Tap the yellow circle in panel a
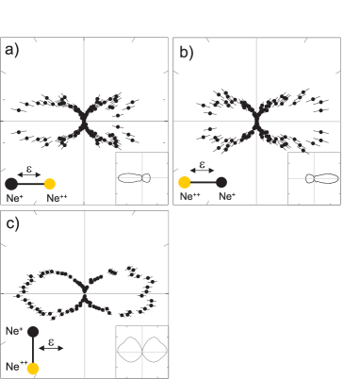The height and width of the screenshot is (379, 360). click(x=50, y=184)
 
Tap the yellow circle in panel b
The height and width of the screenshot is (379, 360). click(x=185, y=183)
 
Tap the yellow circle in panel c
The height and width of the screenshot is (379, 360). click(x=34, y=367)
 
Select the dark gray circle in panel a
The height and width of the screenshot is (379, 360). click(x=11, y=184)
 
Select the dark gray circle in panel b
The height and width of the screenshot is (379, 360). click(x=222, y=183)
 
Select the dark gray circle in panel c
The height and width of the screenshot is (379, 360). click(x=34, y=332)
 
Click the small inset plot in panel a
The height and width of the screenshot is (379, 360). click(x=141, y=178)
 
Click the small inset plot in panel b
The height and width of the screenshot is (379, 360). click(x=314, y=178)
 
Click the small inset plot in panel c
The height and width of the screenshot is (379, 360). click(x=141, y=352)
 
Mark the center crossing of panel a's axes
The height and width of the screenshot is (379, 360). click(x=84, y=121)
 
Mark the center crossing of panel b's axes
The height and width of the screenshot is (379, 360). click(x=256, y=121)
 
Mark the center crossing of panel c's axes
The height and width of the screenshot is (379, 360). click(x=84, y=293)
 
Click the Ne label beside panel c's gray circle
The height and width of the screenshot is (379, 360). click(x=12, y=332)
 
